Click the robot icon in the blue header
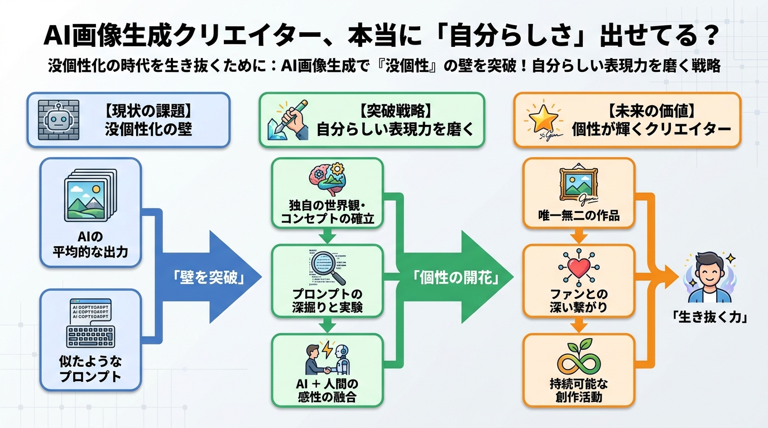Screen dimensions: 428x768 (59, 120)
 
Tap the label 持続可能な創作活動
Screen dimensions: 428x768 (579, 390)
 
